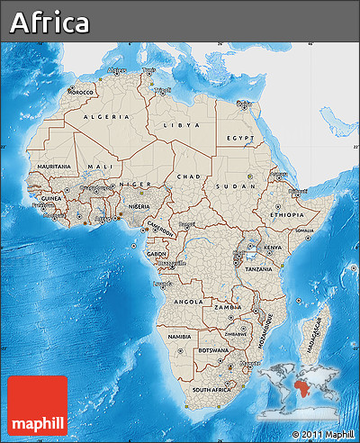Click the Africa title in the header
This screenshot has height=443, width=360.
(50, 23)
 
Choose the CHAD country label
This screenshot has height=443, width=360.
(188, 176)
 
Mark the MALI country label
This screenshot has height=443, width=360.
(100, 167)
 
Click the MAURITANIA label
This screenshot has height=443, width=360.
(55, 167)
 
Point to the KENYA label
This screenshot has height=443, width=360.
(272, 246)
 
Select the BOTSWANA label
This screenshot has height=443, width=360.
(212, 349)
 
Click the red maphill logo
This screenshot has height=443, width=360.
(37, 404)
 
